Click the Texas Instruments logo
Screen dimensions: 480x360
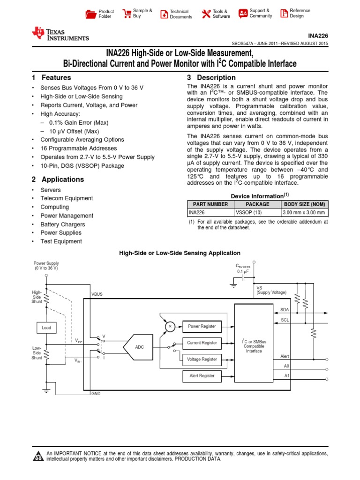point(60,34)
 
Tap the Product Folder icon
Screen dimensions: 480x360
point(91,14)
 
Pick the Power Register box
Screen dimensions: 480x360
point(202,326)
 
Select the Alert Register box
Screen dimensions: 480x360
point(202,375)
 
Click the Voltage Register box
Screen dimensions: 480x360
point(202,359)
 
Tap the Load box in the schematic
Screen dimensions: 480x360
point(46,328)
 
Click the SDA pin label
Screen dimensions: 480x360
point(285,310)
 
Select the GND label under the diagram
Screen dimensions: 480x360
point(96,394)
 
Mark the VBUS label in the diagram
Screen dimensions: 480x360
point(97,294)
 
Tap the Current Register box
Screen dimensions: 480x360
point(202,343)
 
